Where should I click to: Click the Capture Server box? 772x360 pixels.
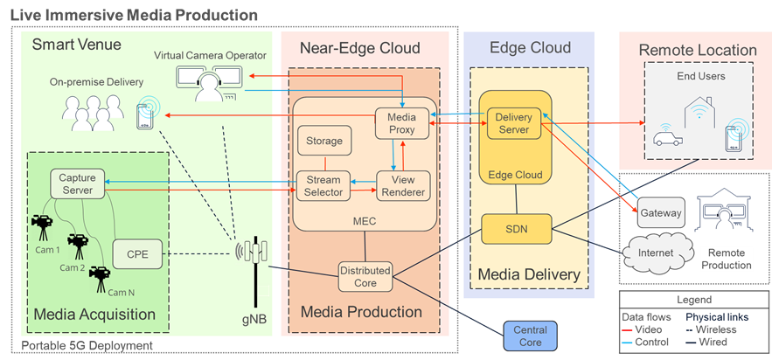[x=77, y=183]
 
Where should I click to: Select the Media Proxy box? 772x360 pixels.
[x=400, y=123]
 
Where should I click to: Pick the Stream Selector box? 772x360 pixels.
[x=323, y=184]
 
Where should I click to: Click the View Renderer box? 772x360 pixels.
[x=400, y=184]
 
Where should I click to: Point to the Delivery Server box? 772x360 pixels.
[x=514, y=123]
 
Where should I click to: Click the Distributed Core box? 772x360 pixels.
[x=365, y=275]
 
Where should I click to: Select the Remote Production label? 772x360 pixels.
[x=725, y=259]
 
